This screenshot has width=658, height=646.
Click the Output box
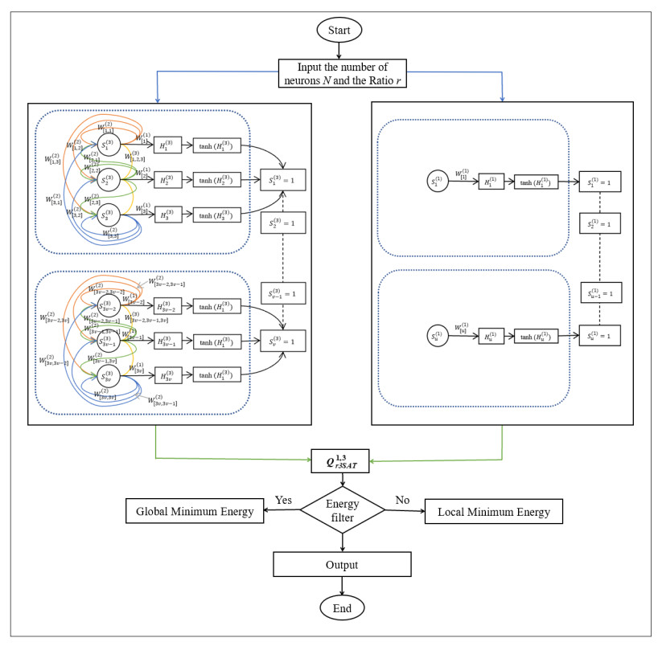tap(342, 564)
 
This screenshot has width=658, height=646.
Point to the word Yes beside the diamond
tap(283, 499)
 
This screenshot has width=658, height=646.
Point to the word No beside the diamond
tap(403, 499)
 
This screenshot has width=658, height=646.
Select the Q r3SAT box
tap(340, 461)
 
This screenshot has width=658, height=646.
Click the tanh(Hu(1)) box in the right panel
tap(536, 336)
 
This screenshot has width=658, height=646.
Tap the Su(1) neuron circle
tap(437, 336)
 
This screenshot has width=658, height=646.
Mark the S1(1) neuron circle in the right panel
tap(438, 181)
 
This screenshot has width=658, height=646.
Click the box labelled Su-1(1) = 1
tap(600, 295)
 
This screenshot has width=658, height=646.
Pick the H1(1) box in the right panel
tap(491, 181)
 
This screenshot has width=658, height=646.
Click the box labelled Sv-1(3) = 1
tap(282, 294)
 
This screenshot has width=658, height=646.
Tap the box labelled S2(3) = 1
tap(282, 222)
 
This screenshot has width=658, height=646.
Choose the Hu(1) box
tap(491, 336)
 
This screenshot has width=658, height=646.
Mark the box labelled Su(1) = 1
tap(600, 336)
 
